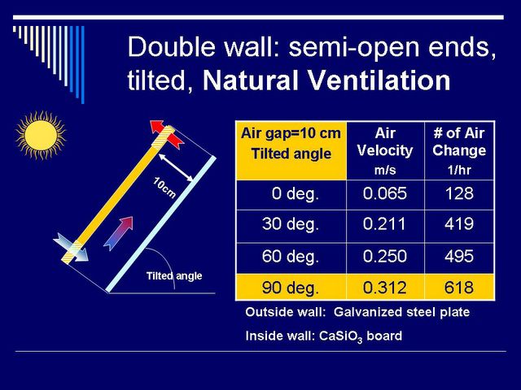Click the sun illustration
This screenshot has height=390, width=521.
pyautogui.click(x=41, y=136)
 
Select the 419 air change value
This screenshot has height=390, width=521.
pyautogui.click(x=459, y=224)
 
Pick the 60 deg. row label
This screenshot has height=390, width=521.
pyautogui.click(x=291, y=257)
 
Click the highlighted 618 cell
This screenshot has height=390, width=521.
pyautogui.click(x=459, y=287)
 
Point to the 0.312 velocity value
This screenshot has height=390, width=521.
pyautogui.click(x=385, y=287)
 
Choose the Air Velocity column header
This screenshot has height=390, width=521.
pyautogui.click(x=385, y=151)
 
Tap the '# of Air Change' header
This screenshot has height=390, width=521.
pyautogui.click(x=459, y=151)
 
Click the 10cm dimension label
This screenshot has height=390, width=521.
pyautogui.click(x=164, y=188)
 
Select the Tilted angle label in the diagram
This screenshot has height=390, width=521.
pyautogui.click(x=174, y=276)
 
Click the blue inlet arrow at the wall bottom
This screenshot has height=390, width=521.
pyautogui.click(x=71, y=247)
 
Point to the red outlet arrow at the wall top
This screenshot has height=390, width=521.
pyautogui.click(x=166, y=134)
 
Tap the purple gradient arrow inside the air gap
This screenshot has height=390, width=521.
pyautogui.click(x=118, y=233)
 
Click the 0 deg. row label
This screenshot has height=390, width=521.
pyautogui.click(x=296, y=193)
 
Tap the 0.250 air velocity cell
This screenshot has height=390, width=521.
pyautogui.click(x=385, y=257)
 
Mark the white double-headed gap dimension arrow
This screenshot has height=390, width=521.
pyautogui.click(x=176, y=167)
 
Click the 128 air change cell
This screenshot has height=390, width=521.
pyautogui.click(x=459, y=193)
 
